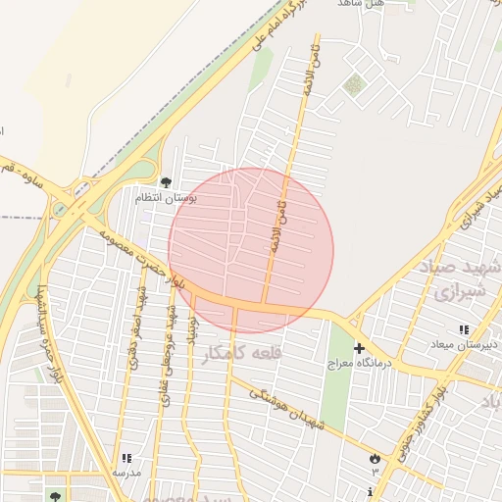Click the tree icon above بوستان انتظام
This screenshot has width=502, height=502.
[166, 181]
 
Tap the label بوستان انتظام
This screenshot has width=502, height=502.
[167, 198]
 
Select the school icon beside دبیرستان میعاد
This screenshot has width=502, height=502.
[463, 329]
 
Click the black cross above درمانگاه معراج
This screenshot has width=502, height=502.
[360, 348]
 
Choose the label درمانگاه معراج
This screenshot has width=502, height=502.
[362, 363]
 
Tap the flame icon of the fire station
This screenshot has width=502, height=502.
[374, 458]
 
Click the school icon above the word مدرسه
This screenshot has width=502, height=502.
[125, 458]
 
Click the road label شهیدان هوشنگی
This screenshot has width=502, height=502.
[287, 408]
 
